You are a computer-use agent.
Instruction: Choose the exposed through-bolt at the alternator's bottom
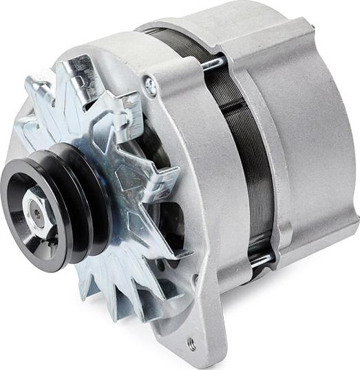[261, 259]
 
